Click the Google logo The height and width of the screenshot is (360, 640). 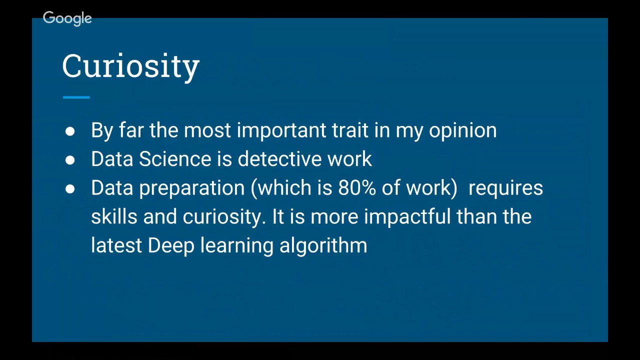pyautogui.click(x=67, y=18)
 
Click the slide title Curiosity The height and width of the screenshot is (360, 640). pyautogui.click(x=130, y=66)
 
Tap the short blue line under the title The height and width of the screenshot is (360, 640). pyautogui.click(x=76, y=97)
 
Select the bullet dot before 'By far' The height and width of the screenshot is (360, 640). pyautogui.click(x=70, y=131)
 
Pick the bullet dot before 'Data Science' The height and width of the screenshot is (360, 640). pyautogui.click(x=70, y=160)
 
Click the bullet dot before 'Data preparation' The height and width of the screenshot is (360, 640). pyautogui.click(x=70, y=189)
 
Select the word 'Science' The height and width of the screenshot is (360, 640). pyautogui.click(x=175, y=159)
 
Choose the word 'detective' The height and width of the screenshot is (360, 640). pyautogui.click(x=279, y=159)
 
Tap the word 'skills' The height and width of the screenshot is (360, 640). pyautogui.click(x=114, y=217)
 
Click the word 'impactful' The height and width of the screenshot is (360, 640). pyautogui.click(x=407, y=217)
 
